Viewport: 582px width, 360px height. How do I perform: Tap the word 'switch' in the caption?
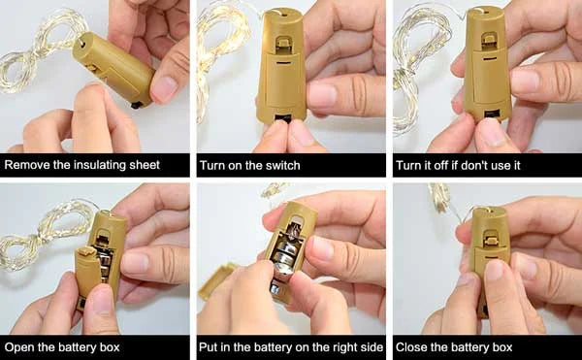(280, 165)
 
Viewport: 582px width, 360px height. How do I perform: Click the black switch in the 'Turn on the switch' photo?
(283, 118)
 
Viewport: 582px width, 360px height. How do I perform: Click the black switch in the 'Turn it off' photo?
(492, 114)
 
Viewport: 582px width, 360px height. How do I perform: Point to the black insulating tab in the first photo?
(137, 105)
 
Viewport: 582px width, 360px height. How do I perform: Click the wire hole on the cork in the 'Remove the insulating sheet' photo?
(82, 44)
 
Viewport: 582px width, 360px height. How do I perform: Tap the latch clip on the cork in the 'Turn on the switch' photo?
(284, 43)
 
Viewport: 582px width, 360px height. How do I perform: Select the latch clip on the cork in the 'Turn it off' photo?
(489, 40)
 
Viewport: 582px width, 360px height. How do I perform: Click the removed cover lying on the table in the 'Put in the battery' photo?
(216, 280)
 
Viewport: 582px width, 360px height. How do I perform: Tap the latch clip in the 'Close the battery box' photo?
(491, 238)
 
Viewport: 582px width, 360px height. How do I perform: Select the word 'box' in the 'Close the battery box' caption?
(502, 347)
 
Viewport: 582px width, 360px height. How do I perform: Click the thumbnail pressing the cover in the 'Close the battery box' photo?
(495, 271)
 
